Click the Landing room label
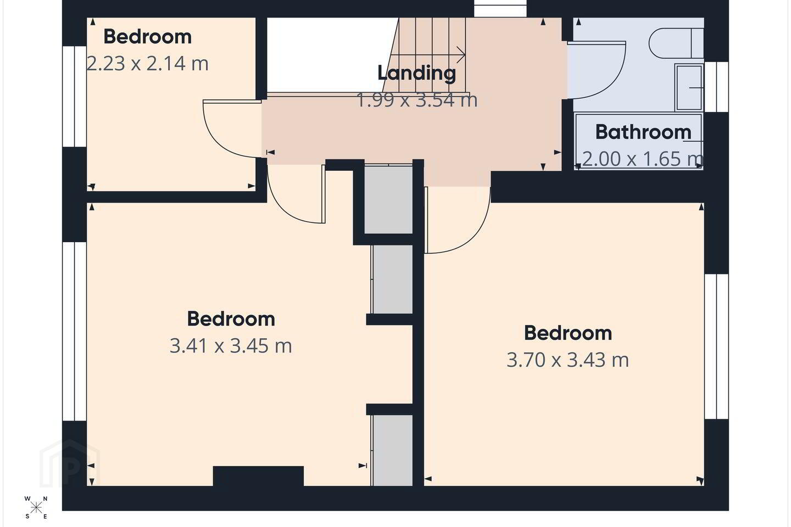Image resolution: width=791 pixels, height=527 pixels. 417,73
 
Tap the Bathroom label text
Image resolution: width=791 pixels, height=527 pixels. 643,132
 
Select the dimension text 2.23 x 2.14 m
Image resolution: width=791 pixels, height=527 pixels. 147,64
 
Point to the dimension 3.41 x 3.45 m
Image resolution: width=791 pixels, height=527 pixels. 231,346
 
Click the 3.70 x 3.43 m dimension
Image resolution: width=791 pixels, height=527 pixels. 567,360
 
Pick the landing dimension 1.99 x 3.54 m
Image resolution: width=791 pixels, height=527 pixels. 417,100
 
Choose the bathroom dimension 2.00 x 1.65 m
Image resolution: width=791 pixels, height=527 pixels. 642,159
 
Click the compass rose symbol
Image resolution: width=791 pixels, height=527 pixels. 36,508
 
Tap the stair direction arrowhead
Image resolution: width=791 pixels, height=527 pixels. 461,55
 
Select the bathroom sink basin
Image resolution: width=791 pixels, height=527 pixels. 689,87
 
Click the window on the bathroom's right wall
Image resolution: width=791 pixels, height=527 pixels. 716,87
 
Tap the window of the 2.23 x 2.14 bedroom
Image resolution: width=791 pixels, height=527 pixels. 75,97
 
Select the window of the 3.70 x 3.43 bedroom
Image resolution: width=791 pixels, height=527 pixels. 716,346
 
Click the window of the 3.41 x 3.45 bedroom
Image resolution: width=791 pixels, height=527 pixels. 75,332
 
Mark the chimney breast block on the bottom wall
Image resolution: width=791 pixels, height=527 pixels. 258,476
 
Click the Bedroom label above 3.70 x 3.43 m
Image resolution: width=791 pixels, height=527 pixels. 567,333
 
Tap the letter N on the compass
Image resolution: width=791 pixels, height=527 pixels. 45,499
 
